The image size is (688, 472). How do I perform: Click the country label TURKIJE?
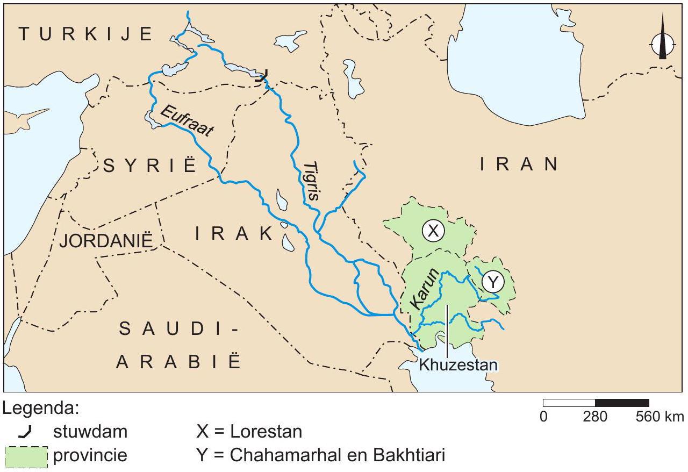click(x=86, y=34)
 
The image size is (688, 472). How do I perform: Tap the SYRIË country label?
click(x=150, y=166)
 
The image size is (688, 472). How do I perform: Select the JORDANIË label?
click(x=106, y=240)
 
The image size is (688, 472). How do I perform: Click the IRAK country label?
click(x=234, y=234)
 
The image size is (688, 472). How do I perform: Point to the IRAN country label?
click(x=519, y=165)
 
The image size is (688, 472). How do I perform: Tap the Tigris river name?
click(x=311, y=181)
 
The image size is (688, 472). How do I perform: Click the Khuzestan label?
click(x=458, y=365)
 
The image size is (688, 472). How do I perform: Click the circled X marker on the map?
click(x=433, y=231)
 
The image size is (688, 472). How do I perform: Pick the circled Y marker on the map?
click(x=492, y=281)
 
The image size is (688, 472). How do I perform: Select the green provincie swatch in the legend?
click(x=26, y=456)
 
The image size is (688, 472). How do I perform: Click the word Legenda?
click(x=41, y=409)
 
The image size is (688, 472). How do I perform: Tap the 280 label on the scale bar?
click(x=596, y=417)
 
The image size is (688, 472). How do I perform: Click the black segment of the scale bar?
click(x=622, y=403)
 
